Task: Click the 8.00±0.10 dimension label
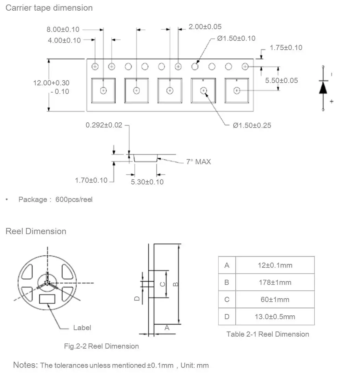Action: (x=63, y=29)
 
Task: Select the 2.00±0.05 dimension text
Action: (x=205, y=26)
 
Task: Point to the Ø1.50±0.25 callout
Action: (x=252, y=125)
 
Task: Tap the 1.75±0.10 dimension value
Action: (x=286, y=48)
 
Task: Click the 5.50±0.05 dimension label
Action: (x=281, y=80)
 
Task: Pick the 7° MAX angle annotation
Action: (x=198, y=162)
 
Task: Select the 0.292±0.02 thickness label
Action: (x=104, y=125)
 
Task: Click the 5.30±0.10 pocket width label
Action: (x=147, y=182)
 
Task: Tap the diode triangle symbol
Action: (x=323, y=87)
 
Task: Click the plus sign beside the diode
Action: (x=332, y=101)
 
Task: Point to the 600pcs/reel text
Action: (x=74, y=199)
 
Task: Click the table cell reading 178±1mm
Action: (x=275, y=282)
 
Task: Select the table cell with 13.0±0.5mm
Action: (x=275, y=316)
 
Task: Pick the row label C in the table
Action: (x=227, y=300)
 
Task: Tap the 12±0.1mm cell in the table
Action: (x=275, y=265)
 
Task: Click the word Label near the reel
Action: (x=82, y=328)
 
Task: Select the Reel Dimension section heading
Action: (x=36, y=231)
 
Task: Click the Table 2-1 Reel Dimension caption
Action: (x=268, y=334)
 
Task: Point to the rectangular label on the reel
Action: (x=47, y=299)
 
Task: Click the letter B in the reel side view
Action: (x=175, y=284)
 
